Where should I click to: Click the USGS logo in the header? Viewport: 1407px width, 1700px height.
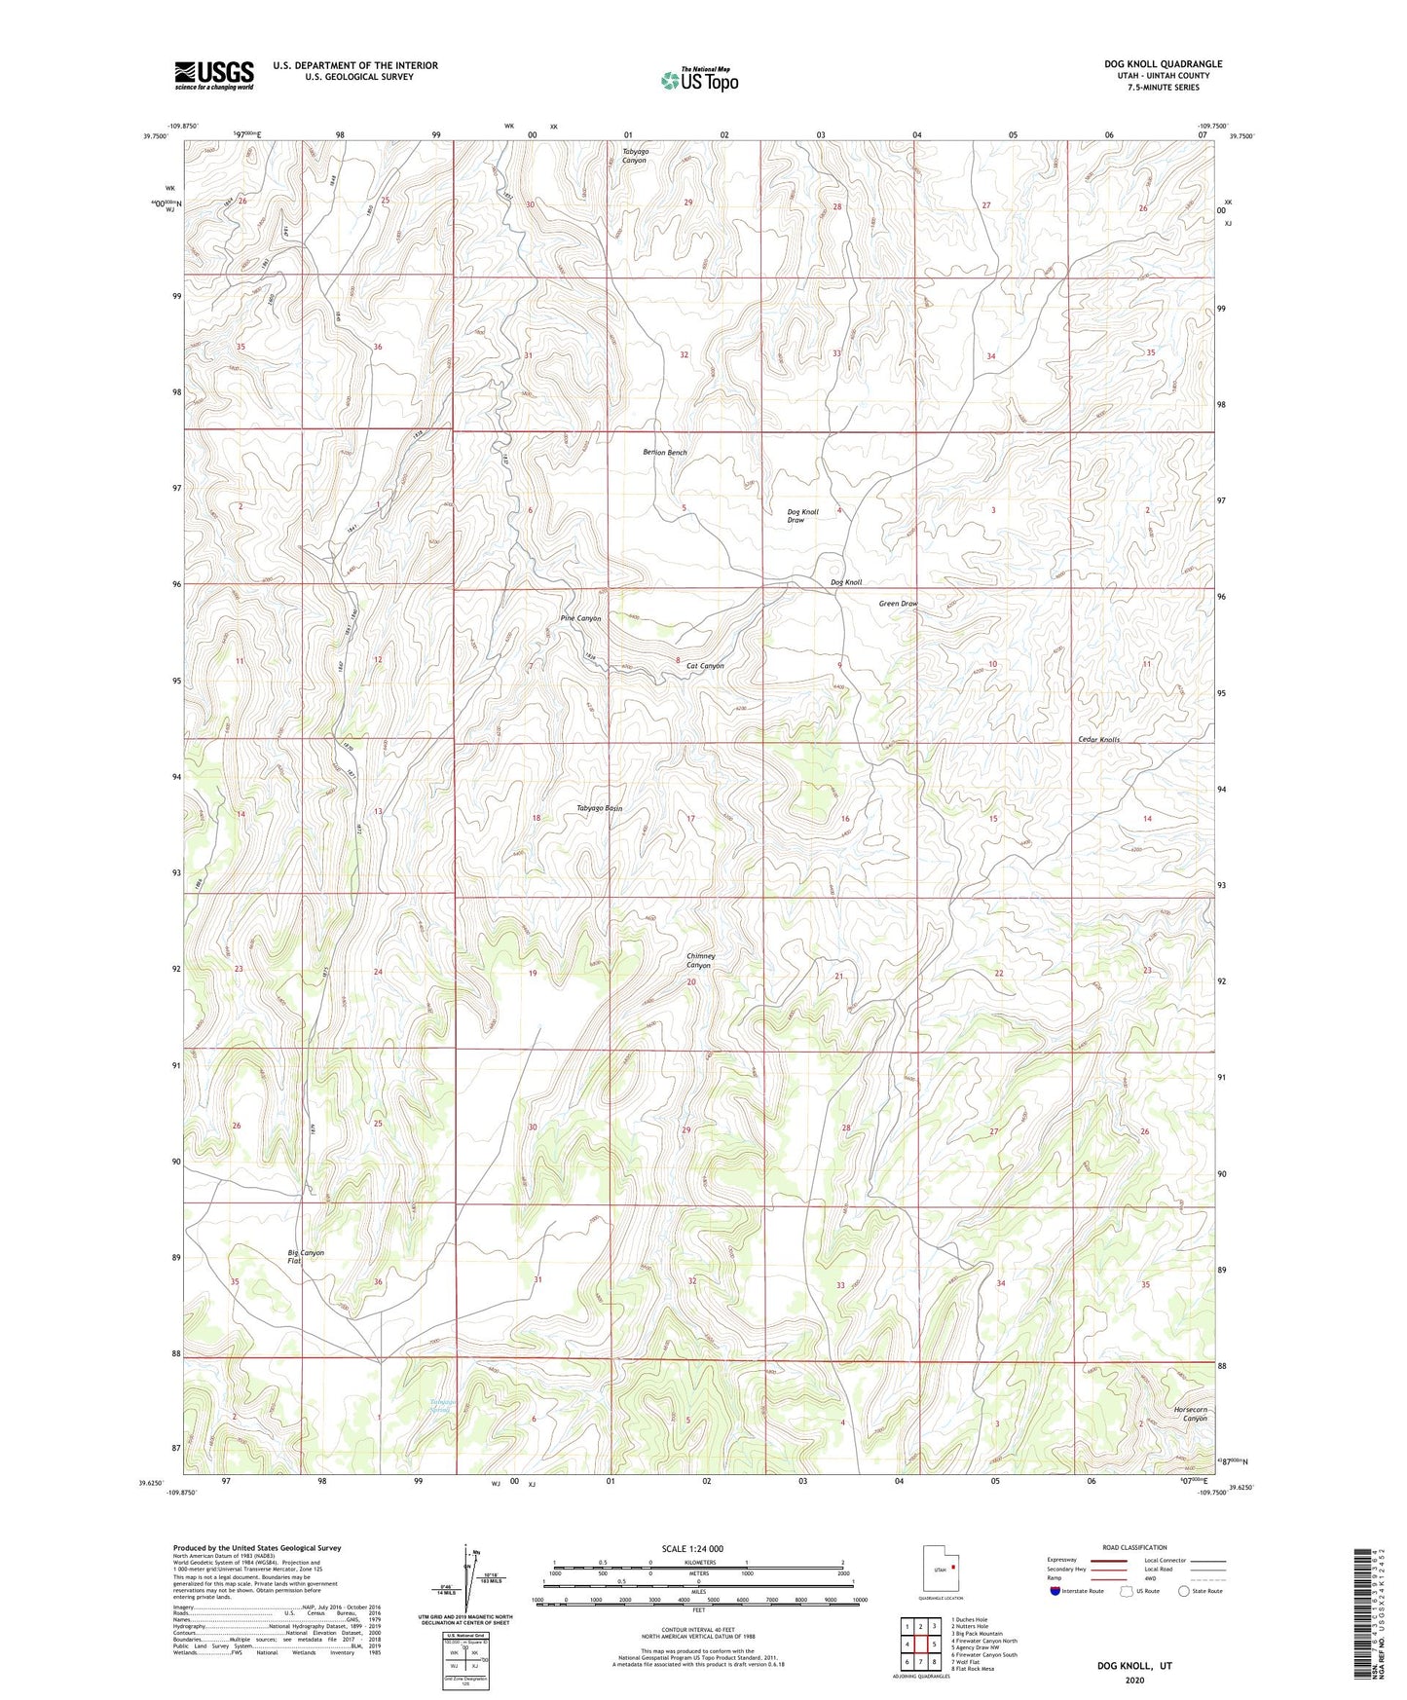tap(214, 75)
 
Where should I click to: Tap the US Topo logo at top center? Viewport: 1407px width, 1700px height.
tap(698, 80)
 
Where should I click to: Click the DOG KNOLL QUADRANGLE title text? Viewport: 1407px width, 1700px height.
tap(1163, 64)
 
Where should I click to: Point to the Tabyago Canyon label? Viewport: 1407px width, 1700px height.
tap(635, 156)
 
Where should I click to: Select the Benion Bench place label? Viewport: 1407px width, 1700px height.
tap(664, 453)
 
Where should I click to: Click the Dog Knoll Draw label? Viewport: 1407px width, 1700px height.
tap(802, 516)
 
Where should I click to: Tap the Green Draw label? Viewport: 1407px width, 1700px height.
tap(898, 604)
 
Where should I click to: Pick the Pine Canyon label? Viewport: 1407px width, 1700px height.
tap(580, 618)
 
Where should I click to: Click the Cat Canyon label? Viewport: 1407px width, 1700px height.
tap(705, 666)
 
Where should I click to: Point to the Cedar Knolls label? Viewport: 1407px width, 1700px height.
tap(1098, 740)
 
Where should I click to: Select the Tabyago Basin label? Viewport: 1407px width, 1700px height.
tap(599, 808)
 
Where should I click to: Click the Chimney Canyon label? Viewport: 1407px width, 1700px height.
tap(699, 961)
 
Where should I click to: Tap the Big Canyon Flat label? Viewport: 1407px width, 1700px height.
tap(305, 1257)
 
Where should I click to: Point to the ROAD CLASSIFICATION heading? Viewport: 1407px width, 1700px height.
tap(1134, 1547)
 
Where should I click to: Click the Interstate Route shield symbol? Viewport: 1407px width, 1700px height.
tap(1055, 1592)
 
